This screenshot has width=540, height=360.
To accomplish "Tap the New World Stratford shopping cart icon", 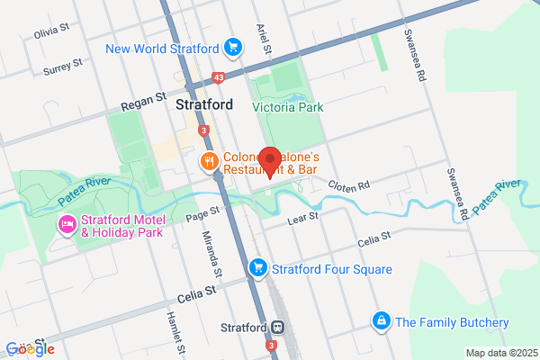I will [233, 47].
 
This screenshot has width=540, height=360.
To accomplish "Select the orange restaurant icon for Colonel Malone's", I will [209, 162].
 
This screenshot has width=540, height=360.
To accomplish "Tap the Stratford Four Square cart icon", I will [258, 268].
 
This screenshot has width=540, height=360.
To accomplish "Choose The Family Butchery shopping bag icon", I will [382, 321].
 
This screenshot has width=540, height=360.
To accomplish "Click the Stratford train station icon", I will [279, 327].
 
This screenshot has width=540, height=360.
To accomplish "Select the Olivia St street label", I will [51, 31].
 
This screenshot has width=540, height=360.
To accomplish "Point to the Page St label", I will [202, 212].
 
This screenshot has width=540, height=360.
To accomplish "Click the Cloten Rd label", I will [351, 186].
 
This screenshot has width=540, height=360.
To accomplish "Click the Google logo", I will [30, 348].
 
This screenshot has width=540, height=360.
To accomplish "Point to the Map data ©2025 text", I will [499, 352].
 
